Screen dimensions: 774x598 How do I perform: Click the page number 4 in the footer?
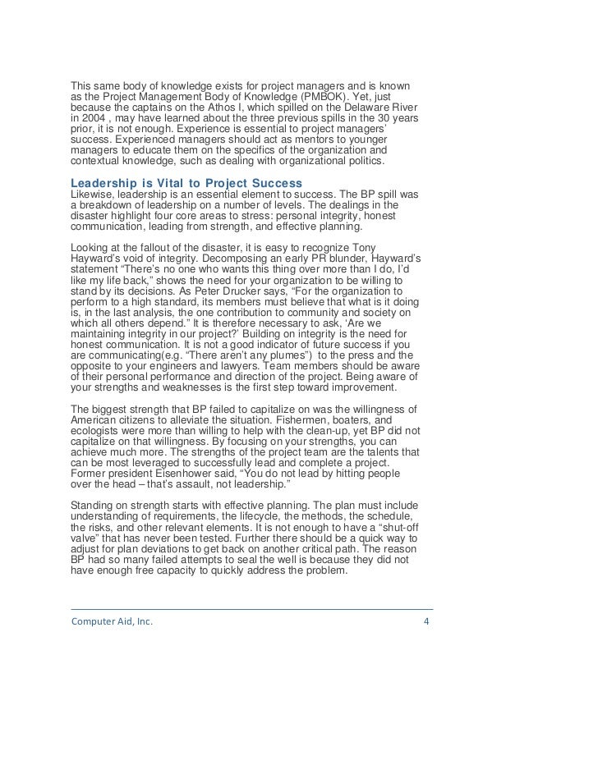click(x=425, y=621)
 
